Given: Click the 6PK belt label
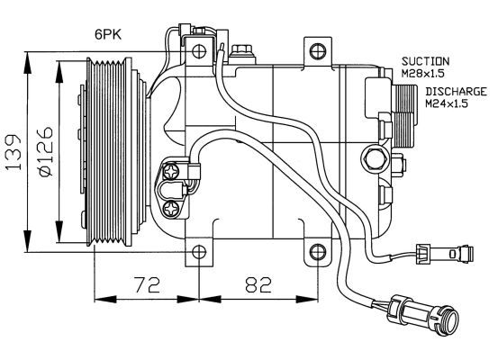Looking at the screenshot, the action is (108, 34).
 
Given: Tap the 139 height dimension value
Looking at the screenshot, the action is (14, 152).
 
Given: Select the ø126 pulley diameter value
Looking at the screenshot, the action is (45, 152).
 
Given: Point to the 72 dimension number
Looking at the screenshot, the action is (147, 284).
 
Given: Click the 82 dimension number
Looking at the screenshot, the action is (258, 284).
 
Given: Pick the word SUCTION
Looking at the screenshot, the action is (426, 61).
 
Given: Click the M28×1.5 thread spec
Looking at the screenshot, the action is (422, 74).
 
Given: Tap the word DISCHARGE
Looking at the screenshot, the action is (456, 92).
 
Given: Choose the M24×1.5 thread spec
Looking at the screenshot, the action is (447, 103).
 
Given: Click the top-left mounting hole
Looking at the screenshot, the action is (199, 50).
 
